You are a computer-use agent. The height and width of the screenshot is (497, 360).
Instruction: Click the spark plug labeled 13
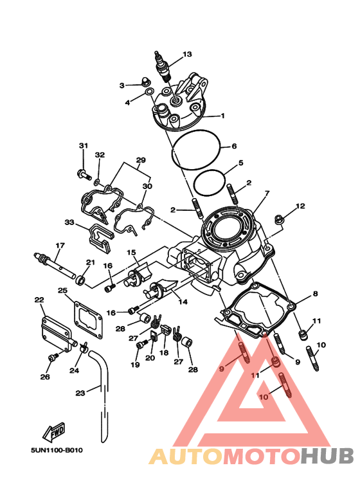(x=163, y=68)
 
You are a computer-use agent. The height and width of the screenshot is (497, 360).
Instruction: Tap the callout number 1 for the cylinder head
(x=222, y=116)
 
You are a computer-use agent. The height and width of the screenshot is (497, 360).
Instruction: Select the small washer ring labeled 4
(x=148, y=92)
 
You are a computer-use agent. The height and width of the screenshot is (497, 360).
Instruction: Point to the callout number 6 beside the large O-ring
(x=234, y=146)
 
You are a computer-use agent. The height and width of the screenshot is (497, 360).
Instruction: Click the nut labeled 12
(x=279, y=219)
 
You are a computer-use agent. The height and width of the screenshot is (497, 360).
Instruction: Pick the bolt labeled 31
(x=84, y=174)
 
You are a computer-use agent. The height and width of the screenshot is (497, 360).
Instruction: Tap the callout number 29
(x=141, y=160)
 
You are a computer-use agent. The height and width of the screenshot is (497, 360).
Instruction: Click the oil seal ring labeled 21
(x=80, y=280)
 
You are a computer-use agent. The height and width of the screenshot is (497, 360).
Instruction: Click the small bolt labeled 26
(x=53, y=357)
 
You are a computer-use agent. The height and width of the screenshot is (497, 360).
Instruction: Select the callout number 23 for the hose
(x=80, y=393)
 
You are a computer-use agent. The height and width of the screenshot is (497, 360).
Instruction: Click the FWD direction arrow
(x=54, y=431)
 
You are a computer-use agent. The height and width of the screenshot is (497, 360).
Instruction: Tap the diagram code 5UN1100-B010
(x=57, y=450)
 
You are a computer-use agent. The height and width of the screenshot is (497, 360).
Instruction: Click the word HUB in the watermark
(x=327, y=456)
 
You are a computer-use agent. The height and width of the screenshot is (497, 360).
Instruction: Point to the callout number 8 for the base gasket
(x=315, y=294)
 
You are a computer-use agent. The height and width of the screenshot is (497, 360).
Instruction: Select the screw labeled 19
(x=141, y=344)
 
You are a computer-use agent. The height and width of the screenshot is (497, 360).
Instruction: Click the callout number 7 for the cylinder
(x=267, y=193)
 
